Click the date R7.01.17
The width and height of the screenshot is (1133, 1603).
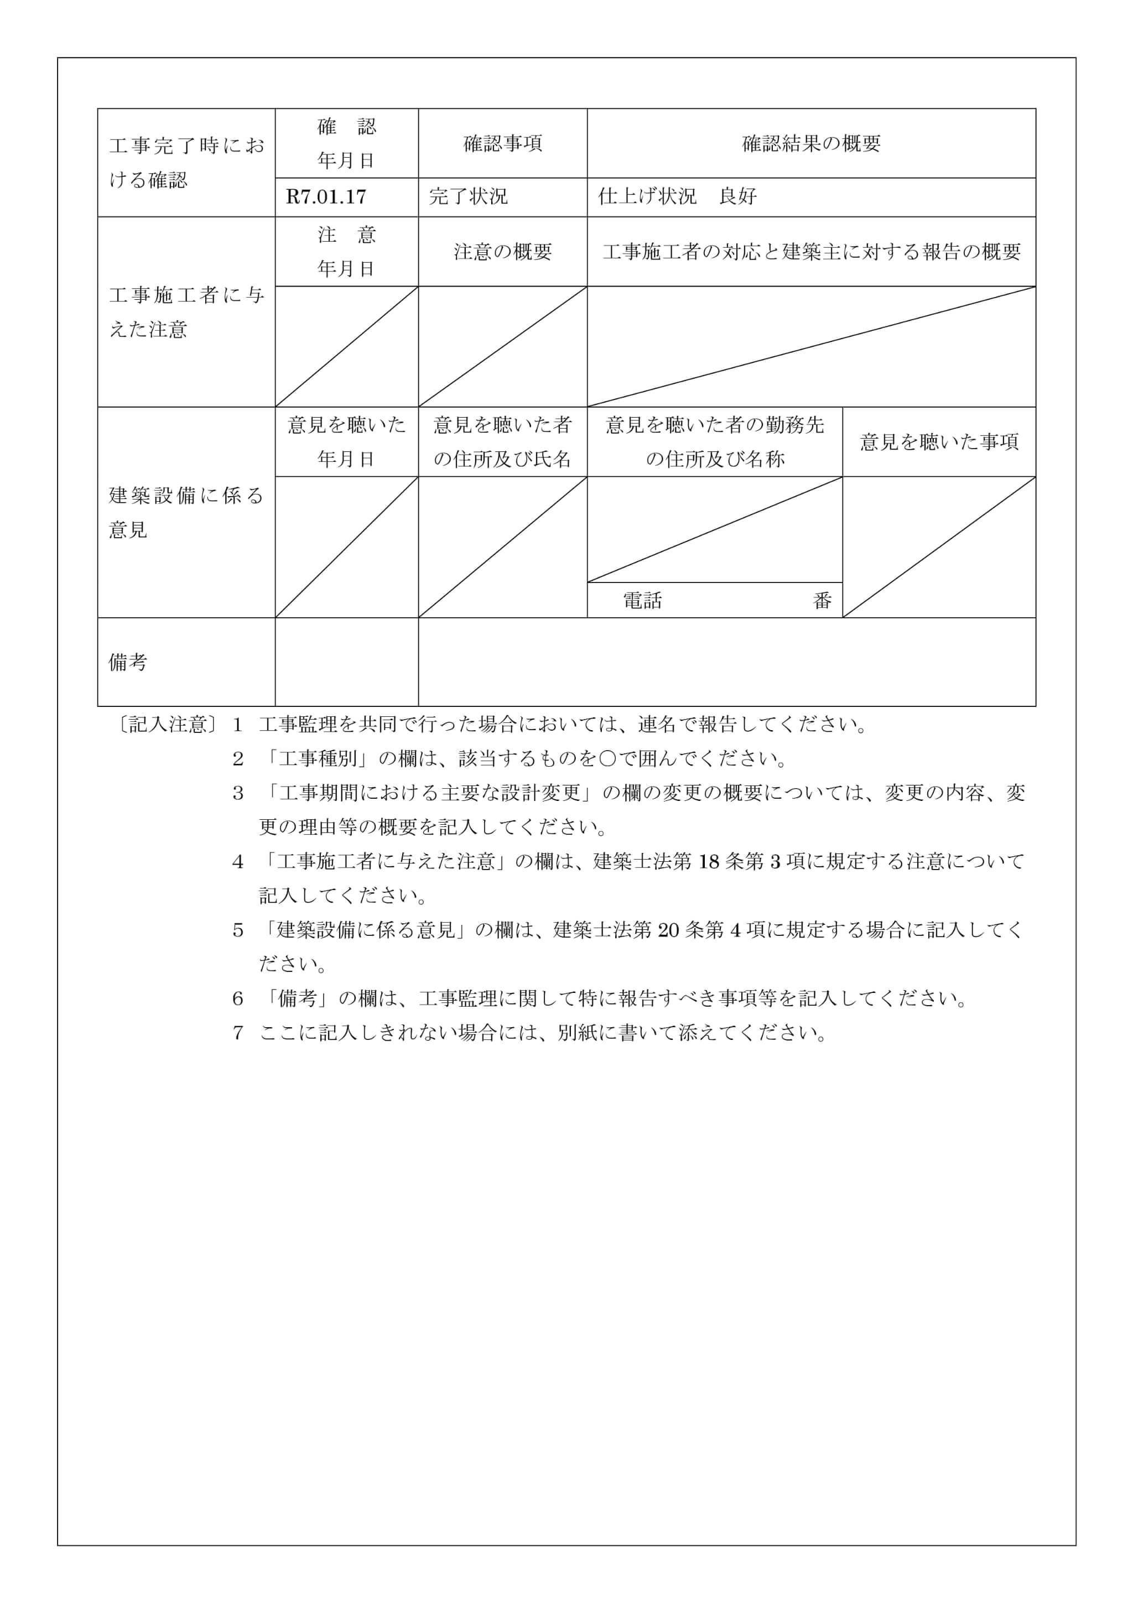coord(326,197)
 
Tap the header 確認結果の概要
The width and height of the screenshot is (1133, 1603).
coord(810,144)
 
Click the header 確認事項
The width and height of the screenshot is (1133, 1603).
coord(503,144)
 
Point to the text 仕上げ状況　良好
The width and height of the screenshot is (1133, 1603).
coord(677,197)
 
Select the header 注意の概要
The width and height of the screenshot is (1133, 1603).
coord(503,252)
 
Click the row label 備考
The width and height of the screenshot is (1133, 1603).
coord(128,662)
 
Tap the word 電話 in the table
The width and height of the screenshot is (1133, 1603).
coord(642,600)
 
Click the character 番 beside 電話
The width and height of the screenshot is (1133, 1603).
coord(822,600)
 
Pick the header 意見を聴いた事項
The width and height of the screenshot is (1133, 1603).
coord(939,442)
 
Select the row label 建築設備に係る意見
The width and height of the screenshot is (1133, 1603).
coord(186,512)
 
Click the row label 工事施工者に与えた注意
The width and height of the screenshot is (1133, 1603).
coord(186,312)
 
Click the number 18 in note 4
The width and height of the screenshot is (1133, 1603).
coord(708,862)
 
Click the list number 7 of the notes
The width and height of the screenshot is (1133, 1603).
coord(238,1033)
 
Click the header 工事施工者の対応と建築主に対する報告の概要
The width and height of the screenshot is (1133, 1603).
coord(811,252)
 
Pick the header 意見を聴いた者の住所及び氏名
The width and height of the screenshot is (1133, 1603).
coord(503,442)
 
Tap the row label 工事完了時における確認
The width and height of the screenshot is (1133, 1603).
coord(186,163)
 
